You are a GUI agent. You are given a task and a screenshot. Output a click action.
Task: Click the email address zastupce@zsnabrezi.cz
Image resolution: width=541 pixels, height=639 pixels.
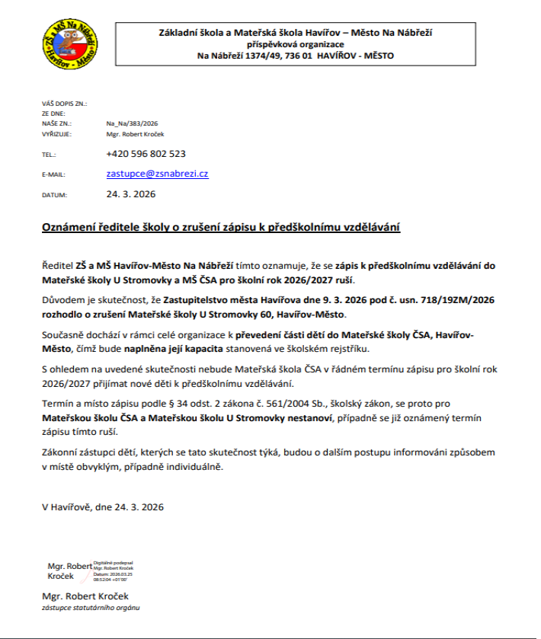(157, 174)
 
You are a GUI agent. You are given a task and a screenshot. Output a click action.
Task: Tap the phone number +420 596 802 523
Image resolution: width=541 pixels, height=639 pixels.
(146, 153)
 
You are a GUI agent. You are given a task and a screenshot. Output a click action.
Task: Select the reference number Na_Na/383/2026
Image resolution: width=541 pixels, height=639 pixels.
(132, 123)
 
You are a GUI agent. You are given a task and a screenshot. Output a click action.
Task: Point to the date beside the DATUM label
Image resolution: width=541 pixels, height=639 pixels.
(130, 194)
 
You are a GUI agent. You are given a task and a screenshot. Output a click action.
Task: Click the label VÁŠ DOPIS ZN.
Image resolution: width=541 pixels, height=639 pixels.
(64, 103)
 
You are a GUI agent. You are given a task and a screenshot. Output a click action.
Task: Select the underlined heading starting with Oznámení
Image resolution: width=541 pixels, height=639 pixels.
(221, 228)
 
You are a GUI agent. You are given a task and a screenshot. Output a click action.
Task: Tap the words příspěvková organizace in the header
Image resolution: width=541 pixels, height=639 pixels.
(296, 44)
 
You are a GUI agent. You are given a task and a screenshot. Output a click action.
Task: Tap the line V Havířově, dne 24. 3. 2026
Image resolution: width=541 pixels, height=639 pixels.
(103, 506)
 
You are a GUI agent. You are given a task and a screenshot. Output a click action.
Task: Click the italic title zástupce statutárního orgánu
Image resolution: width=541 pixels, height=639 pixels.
(91, 609)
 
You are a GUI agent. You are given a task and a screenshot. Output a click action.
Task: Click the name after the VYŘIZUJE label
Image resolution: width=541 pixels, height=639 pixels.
(136, 133)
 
